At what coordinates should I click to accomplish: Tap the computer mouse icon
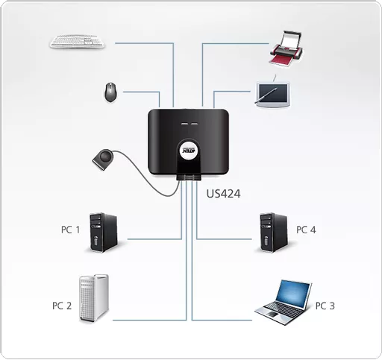click(x=110, y=92)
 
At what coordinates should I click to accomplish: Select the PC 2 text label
click(x=61, y=306)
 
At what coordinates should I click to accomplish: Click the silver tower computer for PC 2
click(x=95, y=297)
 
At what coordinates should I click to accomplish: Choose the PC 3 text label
click(x=325, y=306)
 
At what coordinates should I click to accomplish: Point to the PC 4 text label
click(x=306, y=230)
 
